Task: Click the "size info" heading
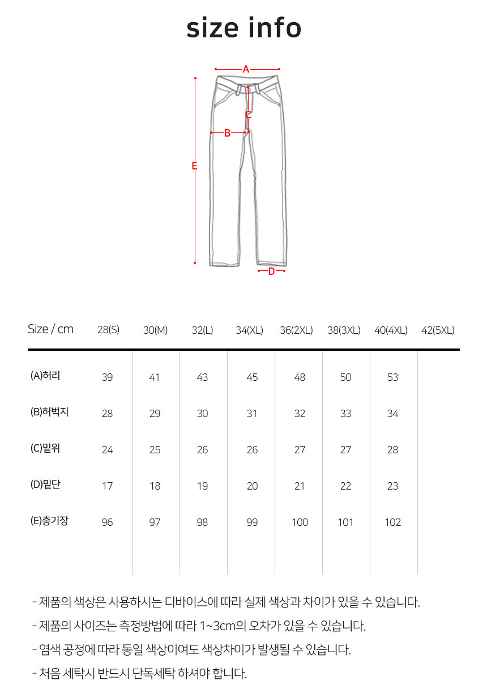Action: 244,28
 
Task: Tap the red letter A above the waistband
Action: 246,69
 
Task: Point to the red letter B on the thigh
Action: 227,133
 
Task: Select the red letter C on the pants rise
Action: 248,115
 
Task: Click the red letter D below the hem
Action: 271,271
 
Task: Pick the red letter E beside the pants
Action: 194,166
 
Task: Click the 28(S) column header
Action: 108,330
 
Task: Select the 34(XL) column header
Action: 249,330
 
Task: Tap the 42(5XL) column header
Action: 438,330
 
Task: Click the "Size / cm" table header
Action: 51,329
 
